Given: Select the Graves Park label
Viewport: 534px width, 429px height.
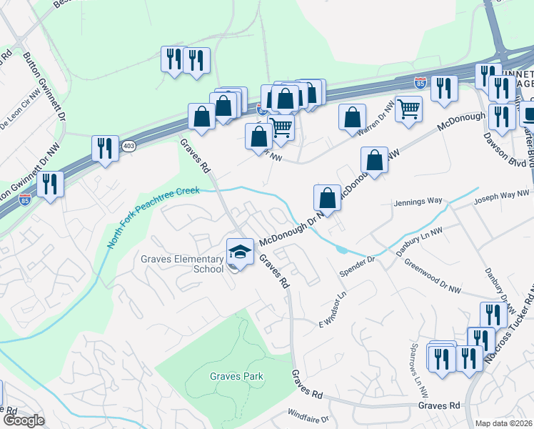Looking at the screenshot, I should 236,376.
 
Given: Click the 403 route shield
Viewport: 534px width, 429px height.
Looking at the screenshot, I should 129,145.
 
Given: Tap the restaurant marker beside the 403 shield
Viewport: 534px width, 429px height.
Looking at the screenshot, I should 105,148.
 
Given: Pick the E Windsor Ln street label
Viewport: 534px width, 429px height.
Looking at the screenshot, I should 332,309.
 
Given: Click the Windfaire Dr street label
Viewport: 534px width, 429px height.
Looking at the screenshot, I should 308,414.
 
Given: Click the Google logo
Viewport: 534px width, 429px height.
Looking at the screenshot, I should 24,420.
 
